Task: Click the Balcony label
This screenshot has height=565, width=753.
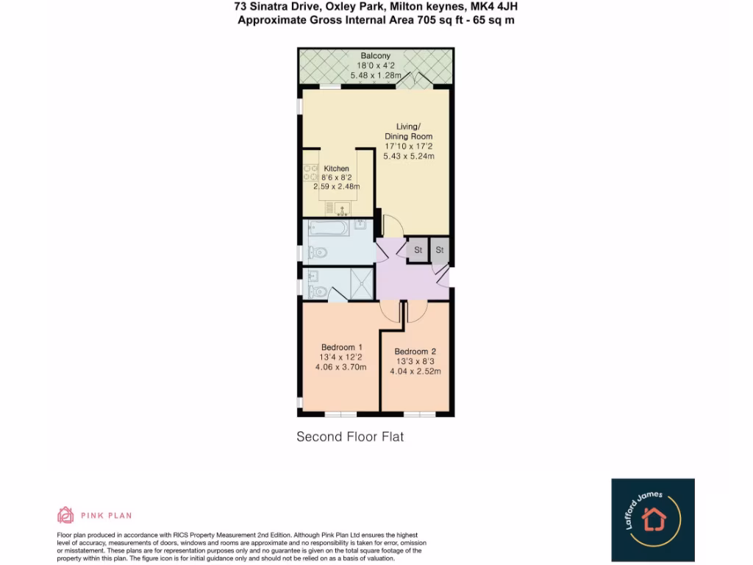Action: [375, 56]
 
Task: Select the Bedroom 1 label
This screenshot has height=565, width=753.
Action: [342, 347]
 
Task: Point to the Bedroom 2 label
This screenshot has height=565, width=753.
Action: [417, 352]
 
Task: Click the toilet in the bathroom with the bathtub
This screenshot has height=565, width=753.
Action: [317, 252]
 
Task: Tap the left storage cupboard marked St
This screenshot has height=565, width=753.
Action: [418, 250]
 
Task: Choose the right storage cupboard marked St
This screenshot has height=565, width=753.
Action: [440, 250]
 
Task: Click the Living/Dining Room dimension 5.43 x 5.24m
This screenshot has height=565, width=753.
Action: [409, 156]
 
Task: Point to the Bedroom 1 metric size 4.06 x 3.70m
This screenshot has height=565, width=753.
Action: [342, 367]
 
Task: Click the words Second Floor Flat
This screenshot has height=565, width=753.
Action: [350, 436]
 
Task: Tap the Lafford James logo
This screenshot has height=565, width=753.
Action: [653, 519]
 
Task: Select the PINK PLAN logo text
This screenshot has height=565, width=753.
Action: [96, 515]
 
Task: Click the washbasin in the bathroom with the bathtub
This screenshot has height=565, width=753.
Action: [360, 224]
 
